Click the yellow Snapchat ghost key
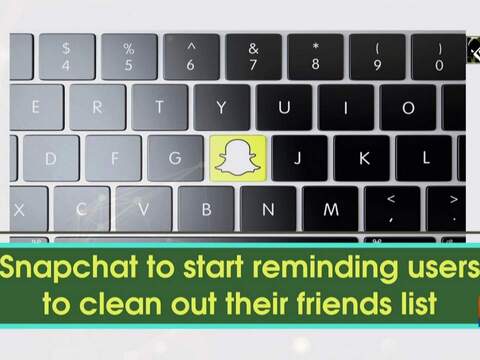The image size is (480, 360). click(236, 157)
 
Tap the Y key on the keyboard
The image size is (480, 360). click(221, 108)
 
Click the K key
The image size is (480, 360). click(364, 157)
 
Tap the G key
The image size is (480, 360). click(174, 157)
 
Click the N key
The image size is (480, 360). click(268, 209)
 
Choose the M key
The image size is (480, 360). click(331, 209)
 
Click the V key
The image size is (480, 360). click(144, 209)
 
